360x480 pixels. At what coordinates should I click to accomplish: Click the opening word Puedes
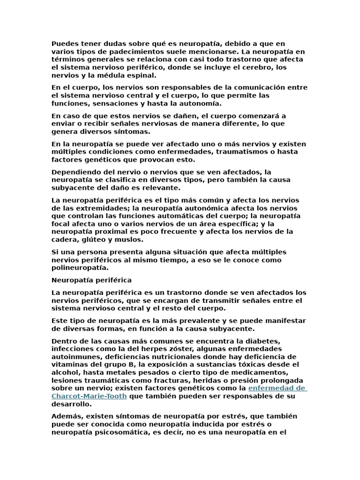coord(64,44)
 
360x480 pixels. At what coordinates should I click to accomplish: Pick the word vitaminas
coord(68,365)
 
